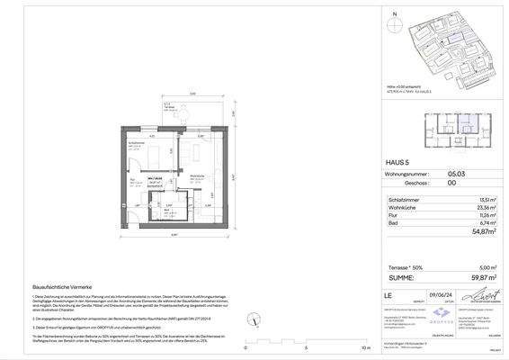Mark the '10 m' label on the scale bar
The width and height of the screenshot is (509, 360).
click(363, 346)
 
